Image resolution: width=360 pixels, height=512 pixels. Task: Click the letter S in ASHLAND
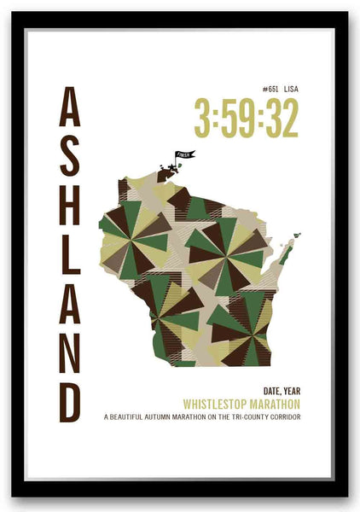70,160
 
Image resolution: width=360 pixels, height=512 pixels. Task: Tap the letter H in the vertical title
70,209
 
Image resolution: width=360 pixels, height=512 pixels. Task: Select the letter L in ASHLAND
70,258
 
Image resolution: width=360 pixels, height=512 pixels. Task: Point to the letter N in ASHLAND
70,353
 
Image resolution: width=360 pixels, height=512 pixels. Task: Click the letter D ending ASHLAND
70,401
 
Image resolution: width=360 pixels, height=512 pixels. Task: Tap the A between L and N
70,305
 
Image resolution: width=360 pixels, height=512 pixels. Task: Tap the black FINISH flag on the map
184,155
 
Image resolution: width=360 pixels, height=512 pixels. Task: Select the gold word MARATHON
276,404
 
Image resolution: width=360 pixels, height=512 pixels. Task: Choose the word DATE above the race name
262,391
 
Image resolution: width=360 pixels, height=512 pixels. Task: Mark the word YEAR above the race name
289,391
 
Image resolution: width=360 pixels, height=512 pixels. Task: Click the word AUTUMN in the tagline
166,417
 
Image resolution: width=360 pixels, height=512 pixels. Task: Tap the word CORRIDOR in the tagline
287,417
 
